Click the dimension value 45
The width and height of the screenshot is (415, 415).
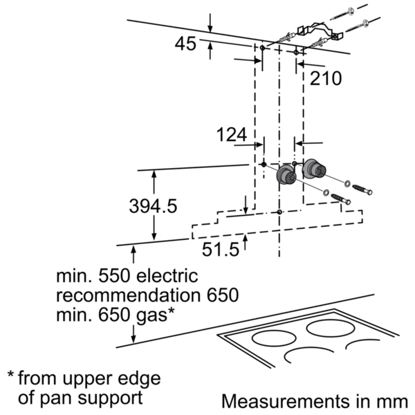185,44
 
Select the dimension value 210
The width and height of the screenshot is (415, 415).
326,78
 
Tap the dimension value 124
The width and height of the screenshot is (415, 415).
232,134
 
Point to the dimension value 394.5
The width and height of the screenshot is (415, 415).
153,206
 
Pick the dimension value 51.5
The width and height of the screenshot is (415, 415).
221,249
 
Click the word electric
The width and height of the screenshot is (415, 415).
167,276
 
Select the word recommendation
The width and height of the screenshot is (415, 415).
128,295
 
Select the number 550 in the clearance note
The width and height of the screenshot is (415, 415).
115,276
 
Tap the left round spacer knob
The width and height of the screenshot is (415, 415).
286,175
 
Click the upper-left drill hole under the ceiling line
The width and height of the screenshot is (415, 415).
262,48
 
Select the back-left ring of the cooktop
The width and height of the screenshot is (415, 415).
274,338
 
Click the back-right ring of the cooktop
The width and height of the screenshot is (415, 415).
331,328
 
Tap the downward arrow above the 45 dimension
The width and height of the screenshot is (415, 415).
210,23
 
